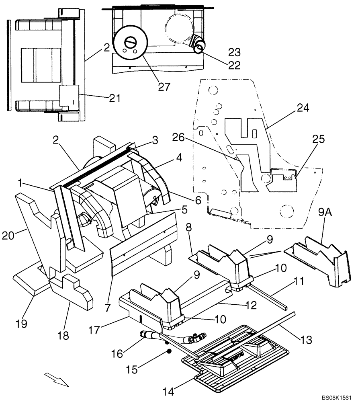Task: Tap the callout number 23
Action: click(234, 52)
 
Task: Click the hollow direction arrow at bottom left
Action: click(57, 379)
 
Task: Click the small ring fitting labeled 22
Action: click(200, 49)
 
